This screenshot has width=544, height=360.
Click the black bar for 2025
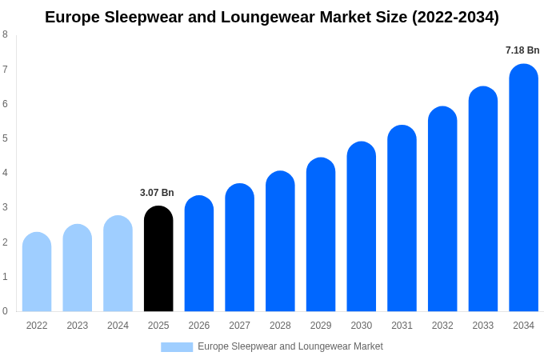[158, 259]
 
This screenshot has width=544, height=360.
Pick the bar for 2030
[361, 227]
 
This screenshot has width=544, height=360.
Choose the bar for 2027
[239, 248]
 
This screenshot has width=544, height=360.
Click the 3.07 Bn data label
[157, 193]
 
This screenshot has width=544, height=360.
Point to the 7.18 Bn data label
[522, 50]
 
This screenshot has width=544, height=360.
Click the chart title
[272, 17]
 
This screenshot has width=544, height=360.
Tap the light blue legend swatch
[177, 347]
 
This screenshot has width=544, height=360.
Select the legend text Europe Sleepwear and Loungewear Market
[290, 346]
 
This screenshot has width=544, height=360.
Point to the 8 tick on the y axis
[5, 34]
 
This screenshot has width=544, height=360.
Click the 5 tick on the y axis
[5, 138]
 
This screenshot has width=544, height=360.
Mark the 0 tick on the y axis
[5, 311]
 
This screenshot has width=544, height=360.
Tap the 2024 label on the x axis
[118, 326]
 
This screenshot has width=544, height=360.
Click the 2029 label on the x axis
[321, 326]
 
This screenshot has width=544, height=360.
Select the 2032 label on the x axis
[442, 326]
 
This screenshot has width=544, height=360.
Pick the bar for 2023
[78, 268]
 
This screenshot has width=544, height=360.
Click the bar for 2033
[483, 199]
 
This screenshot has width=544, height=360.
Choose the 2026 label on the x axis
[199, 326]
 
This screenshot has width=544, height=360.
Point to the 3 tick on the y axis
[5, 207]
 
